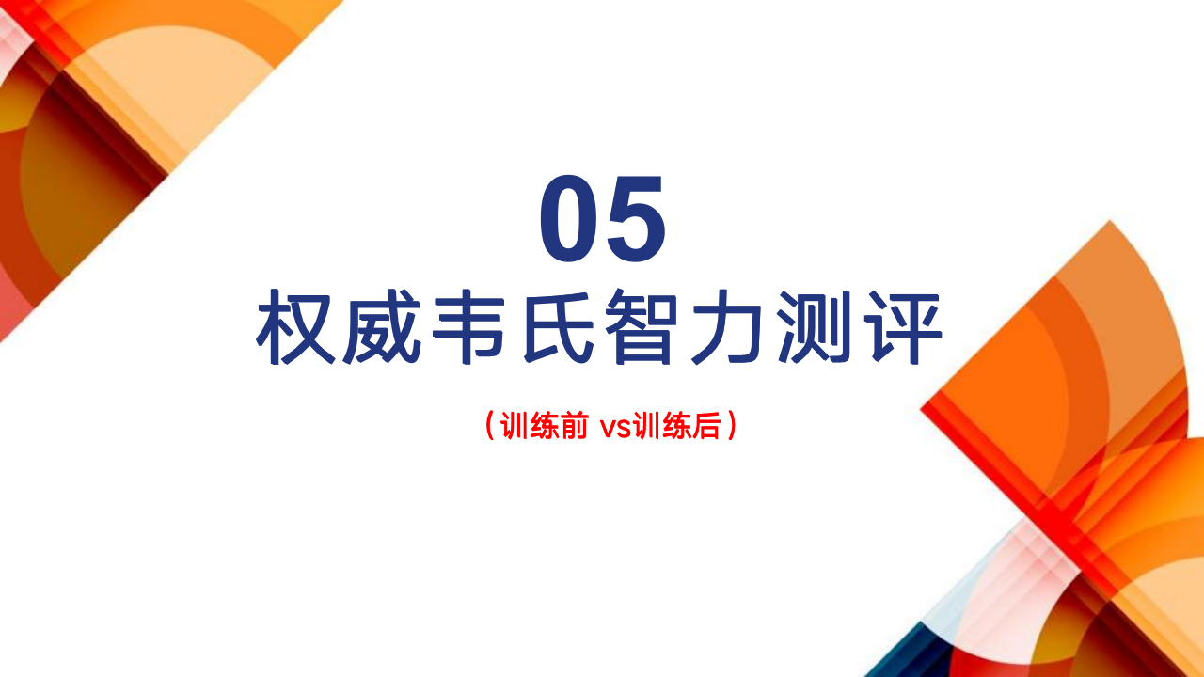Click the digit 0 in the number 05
coord(569,218)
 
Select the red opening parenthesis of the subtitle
coord(489,426)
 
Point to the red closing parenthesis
coord(732,426)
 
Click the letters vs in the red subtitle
coord(616,429)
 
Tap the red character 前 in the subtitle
coord(574,426)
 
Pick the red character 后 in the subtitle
coord(706,426)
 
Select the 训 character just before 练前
coord(514,426)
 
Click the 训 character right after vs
coord(646,426)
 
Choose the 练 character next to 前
coord(544,426)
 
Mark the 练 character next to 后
coord(676,426)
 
